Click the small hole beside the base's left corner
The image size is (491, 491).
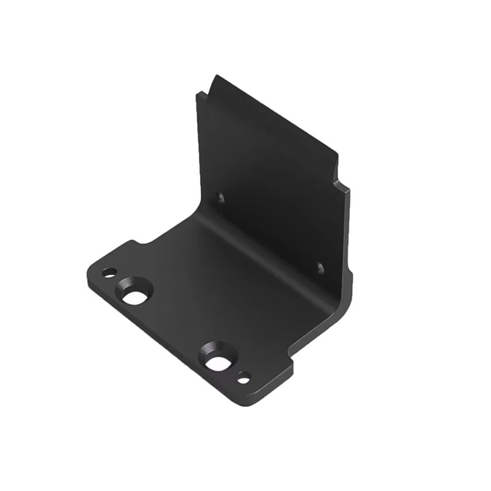click(x=109, y=272)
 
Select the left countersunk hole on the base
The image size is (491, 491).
click(x=134, y=293)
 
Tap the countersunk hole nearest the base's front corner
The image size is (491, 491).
click(x=217, y=360)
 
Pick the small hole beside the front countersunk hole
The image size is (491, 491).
click(x=244, y=378)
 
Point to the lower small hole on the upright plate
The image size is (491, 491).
click(x=319, y=268)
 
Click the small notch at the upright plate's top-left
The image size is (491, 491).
click(x=203, y=96)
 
